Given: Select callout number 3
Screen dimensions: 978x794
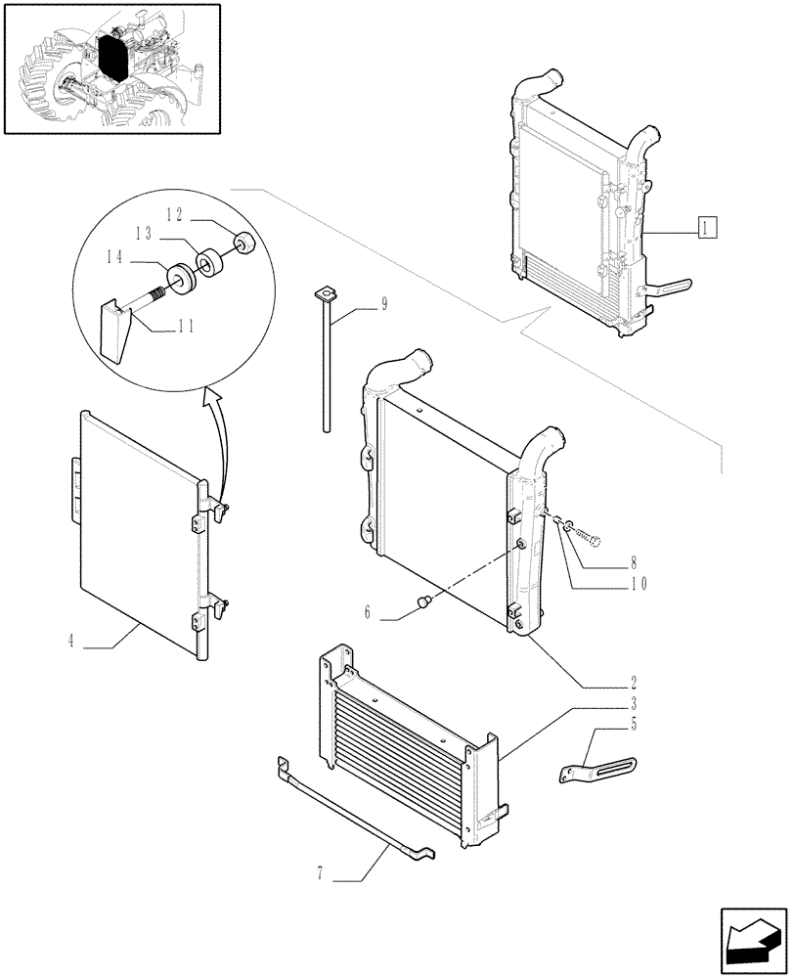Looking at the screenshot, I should coord(634,703).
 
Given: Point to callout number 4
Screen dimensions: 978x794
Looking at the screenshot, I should coord(71,642).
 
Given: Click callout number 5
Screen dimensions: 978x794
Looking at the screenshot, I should coord(634,725).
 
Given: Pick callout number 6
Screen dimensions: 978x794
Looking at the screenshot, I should coord(368,612).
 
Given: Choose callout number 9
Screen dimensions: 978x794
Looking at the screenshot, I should coord(384,305).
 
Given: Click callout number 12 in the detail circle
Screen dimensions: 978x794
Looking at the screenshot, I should coord(174,214).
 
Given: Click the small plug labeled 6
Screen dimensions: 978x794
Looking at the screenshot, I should coord(424,599).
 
